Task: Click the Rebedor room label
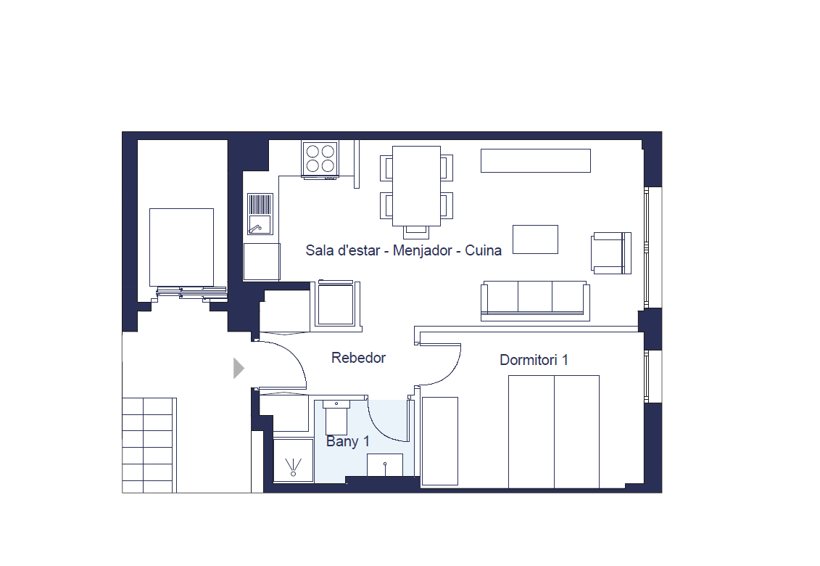click(358, 358)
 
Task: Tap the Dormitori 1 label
click(534, 360)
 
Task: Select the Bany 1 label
click(348, 441)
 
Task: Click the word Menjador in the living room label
click(422, 250)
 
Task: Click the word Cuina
click(483, 250)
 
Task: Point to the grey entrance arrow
click(239, 368)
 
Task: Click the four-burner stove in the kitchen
click(320, 159)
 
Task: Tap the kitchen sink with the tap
click(260, 214)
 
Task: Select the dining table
click(416, 186)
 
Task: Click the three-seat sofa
click(535, 300)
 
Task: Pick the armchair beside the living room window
click(610, 253)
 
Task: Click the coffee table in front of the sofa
click(535, 239)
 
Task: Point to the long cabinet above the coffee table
click(536, 161)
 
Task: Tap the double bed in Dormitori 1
click(554, 432)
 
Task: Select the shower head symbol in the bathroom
click(294, 467)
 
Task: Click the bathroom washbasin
click(385, 465)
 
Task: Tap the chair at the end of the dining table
click(416, 231)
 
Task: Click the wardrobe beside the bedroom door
click(440, 441)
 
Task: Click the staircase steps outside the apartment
click(149, 445)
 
